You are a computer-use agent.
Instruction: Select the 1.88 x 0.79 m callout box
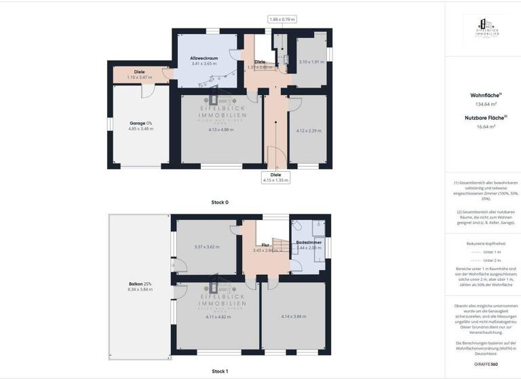tap(282, 20)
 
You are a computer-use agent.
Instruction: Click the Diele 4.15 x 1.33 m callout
tap(275, 177)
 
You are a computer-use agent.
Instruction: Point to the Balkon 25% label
tap(140, 286)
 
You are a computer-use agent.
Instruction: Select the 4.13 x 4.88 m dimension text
tap(221, 130)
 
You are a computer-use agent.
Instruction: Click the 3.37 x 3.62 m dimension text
tap(206, 247)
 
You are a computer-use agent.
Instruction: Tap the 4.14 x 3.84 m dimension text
tap(294, 316)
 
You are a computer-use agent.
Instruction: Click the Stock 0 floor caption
tap(220, 202)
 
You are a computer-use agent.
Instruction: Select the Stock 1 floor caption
tap(220, 371)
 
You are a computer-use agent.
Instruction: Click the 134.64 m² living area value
tap(482, 104)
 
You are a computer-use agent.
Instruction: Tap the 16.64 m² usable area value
tap(482, 126)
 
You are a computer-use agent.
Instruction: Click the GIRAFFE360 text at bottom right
tap(482, 364)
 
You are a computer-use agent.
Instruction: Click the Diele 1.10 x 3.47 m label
tap(139, 74)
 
